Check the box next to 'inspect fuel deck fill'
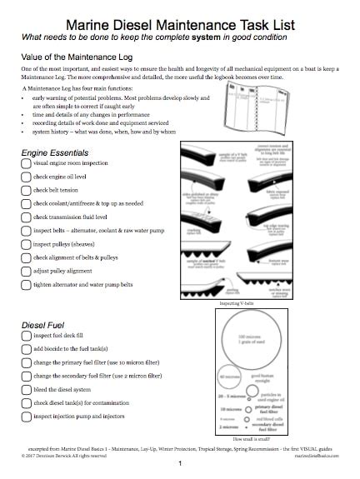tap(25, 335)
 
